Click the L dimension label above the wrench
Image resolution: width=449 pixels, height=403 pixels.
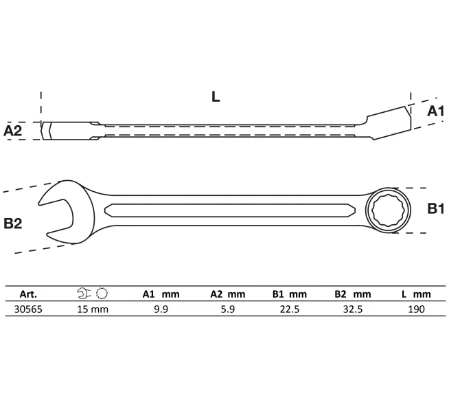pyautogui.click(x=216, y=97)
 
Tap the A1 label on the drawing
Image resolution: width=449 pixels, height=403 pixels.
pyautogui.click(x=435, y=111)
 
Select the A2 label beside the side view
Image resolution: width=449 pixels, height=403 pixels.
pyautogui.click(x=12, y=131)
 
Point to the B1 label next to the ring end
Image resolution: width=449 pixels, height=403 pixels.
pyautogui.click(x=436, y=208)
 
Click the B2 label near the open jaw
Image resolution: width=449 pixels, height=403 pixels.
pyautogui.click(x=13, y=223)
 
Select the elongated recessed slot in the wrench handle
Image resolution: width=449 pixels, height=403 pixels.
pyautogui.click(x=230, y=210)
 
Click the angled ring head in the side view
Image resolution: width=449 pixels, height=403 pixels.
pyautogui.click(x=390, y=123)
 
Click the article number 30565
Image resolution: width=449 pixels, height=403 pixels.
pyautogui.click(x=28, y=309)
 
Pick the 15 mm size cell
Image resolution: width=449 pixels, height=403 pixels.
pyautogui.click(x=93, y=309)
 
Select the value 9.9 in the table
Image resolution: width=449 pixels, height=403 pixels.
pyautogui.click(x=161, y=309)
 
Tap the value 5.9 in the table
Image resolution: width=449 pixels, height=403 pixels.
pyautogui.click(x=228, y=309)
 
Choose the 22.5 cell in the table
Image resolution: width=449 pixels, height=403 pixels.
pyautogui.click(x=290, y=309)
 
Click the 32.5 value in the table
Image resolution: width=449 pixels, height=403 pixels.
pyautogui.click(x=353, y=309)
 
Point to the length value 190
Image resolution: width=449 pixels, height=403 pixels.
pyautogui.click(x=416, y=309)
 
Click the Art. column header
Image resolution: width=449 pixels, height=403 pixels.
pyautogui.click(x=28, y=294)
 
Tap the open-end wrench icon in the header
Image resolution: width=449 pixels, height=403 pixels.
pyautogui.click(x=84, y=294)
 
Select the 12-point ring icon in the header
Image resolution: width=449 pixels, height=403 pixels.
pyautogui.click(x=102, y=294)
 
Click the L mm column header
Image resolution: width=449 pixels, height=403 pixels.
pyautogui.click(x=416, y=294)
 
